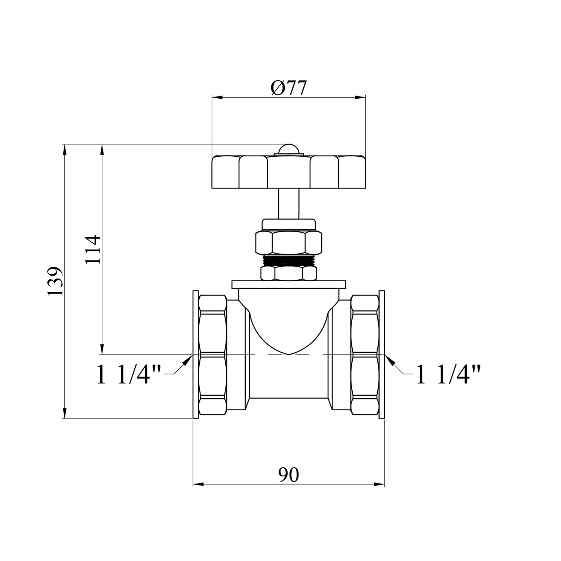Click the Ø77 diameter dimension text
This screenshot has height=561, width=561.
288,88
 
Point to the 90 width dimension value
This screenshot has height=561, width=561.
289,475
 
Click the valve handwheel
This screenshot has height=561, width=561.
288,172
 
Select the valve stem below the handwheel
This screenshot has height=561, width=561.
288,204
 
